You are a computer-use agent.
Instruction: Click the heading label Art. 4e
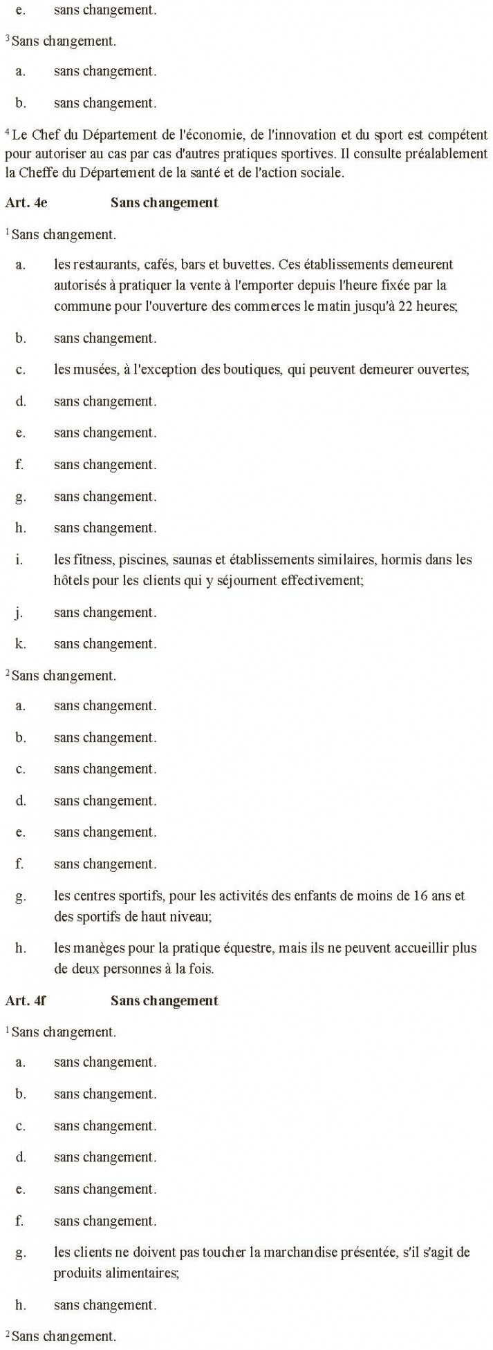coord(26,202)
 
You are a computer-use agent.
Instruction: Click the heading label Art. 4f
coord(25,1000)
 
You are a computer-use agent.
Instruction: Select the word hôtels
coord(71,580)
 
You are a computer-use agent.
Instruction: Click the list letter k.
coord(21,643)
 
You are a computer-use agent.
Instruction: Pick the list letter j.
coord(21,612)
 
